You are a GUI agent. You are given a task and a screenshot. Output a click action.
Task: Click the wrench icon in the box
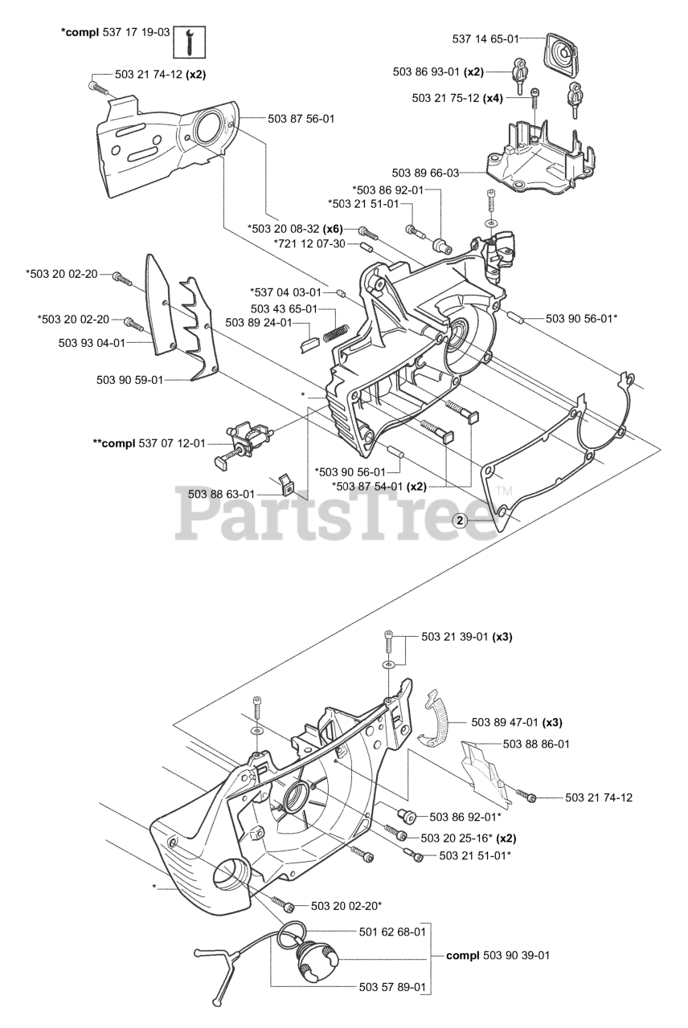(x=190, y=41)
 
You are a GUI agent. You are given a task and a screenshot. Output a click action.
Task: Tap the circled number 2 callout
(x=461, y=520)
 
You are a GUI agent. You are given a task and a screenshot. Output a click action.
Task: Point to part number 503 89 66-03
(x=425, y=173)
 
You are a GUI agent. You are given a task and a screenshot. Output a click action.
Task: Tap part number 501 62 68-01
(x=392, y=931)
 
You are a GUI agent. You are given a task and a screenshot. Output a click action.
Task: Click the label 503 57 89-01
(x=392, y=987)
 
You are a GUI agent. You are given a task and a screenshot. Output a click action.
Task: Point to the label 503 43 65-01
(x=284, y=308)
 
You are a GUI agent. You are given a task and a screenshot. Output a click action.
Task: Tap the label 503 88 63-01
(x=221, y=494)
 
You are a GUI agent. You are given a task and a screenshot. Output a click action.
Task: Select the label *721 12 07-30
(x=309, y=243)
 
